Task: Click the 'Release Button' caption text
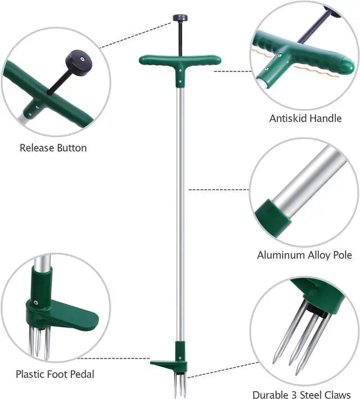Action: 53,148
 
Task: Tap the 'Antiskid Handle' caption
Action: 305,118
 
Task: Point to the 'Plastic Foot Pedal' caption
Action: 55,374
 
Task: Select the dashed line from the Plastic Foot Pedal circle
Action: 112,358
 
